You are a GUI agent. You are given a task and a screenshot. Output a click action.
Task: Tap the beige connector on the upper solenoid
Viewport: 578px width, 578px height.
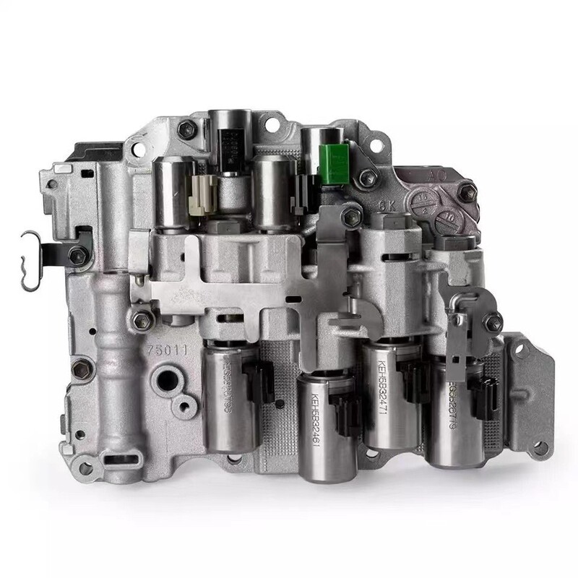pyautogui.click(x=203, y=193)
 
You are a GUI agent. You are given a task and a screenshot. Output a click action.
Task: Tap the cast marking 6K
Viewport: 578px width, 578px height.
pyautogui.click(x=389, y=204)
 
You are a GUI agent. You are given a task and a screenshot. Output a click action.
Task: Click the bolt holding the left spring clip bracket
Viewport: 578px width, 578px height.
pyautogui.click(x=79, y=254)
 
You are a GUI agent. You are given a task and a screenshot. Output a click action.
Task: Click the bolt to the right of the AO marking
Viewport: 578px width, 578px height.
pyautogui.click(x=467, y=191)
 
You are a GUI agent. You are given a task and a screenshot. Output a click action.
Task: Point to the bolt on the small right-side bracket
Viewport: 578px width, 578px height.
pyautogui.click(x=493, y=322)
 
